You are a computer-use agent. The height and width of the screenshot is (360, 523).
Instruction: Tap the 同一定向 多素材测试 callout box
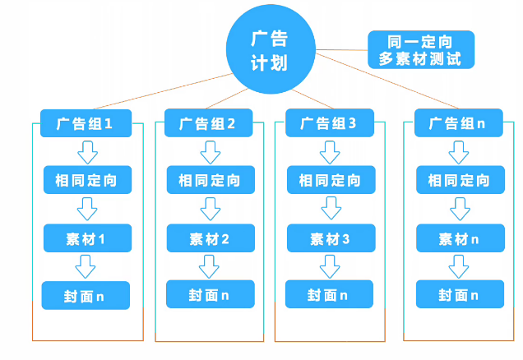coord(420,49)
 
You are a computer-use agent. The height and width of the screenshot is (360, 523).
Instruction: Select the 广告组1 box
coord(86,124)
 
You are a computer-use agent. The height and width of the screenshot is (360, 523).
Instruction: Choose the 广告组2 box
coord(211,124)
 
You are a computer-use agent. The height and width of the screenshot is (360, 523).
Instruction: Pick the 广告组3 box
coord(330,123)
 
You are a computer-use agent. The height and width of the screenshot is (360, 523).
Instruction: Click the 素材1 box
coord(86,238)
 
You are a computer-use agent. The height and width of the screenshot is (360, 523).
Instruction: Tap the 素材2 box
coord(211,238)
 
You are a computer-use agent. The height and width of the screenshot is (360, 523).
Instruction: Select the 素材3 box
coord(330,238)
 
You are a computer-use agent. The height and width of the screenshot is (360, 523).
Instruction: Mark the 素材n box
coord(460,238)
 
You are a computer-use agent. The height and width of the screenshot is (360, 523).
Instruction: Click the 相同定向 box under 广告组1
coord(86,180)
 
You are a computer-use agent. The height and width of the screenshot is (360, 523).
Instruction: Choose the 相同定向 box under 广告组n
coord(460,180)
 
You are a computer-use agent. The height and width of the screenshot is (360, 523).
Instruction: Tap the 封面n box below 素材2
coord(211,294)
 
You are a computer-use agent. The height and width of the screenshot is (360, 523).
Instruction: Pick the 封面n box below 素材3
coord(330,294)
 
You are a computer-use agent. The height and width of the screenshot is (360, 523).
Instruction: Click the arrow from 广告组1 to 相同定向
coord(86,152)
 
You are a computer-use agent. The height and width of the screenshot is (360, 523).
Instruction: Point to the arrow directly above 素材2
coord(211,209)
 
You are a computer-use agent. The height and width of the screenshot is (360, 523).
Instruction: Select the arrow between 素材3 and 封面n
coord(330,265)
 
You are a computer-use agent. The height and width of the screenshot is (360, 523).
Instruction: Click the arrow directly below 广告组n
coord(460,152)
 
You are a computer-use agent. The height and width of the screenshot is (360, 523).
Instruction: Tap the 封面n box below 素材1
coord(86,294)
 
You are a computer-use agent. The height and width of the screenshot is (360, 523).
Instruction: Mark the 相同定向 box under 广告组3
coord(330,180)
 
